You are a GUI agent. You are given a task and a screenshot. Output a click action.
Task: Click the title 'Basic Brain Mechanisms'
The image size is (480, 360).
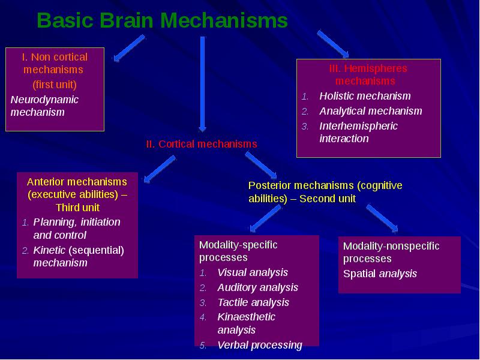(162, 20)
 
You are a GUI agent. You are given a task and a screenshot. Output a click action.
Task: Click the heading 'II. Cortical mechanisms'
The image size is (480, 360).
(202, 144)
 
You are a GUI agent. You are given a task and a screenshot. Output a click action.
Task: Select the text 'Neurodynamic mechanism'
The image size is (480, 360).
(44, 106)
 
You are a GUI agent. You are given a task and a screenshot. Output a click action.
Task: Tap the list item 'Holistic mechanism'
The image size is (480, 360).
(365, 96)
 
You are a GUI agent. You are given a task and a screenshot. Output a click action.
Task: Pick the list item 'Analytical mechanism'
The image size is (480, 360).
(371, 111)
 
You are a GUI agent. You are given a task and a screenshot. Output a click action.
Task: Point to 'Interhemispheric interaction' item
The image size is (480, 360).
(358, 132)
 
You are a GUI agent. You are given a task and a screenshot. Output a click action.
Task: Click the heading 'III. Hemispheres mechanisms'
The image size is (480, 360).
(368, 74)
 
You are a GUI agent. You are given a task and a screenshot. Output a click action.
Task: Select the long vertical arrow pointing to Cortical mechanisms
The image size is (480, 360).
(202, 84)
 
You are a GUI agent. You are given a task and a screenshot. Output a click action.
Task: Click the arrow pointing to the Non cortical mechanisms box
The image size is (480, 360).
(129, 48)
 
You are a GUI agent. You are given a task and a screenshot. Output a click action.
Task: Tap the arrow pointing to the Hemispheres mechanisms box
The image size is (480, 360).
(333, 44)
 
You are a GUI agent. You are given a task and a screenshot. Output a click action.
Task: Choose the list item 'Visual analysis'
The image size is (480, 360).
(253, 272)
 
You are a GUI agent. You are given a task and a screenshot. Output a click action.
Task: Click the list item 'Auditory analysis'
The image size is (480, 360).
(257, 287)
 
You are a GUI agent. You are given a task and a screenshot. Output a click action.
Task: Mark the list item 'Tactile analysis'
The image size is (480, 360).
(253, 302)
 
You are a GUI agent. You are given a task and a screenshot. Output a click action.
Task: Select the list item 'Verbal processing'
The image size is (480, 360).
(260, 345)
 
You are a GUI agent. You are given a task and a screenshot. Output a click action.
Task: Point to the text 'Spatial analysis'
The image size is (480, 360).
(380, 274)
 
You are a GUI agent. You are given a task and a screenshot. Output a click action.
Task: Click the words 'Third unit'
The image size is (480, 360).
(78, 208)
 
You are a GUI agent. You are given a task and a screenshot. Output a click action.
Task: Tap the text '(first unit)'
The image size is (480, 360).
(55, 85)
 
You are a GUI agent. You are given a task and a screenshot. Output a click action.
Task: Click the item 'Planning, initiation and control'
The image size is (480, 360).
(77, 229)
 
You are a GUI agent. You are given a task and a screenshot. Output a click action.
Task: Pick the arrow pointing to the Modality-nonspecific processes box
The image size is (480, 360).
(382, 218)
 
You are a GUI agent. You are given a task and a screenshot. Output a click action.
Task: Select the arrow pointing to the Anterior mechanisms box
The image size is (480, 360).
(160, 169)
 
